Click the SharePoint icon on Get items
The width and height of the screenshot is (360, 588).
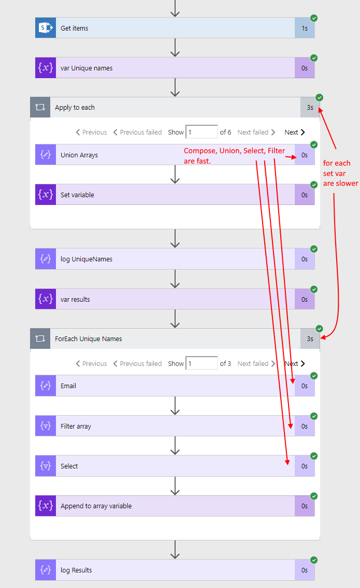click(x=46, y=28)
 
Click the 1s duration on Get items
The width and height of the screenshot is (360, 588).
click(x=305, y=28)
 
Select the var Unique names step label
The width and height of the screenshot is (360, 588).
click(x=87, y=68)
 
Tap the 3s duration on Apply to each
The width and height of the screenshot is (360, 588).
click(x=310, y=108)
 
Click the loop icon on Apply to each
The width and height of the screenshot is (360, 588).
click(x=40, y=108)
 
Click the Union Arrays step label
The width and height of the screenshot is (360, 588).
click(x=79, y=155)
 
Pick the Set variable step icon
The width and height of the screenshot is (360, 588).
click(x=46, y=195)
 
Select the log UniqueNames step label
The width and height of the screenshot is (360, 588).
click(x=87, y=259)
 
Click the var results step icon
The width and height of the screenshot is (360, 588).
click(x=46, y=299)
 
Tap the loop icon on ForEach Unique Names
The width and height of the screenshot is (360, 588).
click(x=40, y=339)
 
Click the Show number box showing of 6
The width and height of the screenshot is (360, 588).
click(x=201, y=132)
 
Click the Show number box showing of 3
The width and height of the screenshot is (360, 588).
click(x=201, y=363)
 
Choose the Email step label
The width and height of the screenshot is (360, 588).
click(x=68, y=386)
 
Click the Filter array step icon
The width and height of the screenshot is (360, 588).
click(x=46, y=426)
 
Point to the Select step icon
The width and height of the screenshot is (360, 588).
click(x=46, y=466)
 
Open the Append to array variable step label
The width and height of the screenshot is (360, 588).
click(x=96, y=506)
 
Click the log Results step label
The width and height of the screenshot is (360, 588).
click(x=76, y=570)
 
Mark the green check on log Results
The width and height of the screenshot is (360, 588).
click(x=314, y=560)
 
